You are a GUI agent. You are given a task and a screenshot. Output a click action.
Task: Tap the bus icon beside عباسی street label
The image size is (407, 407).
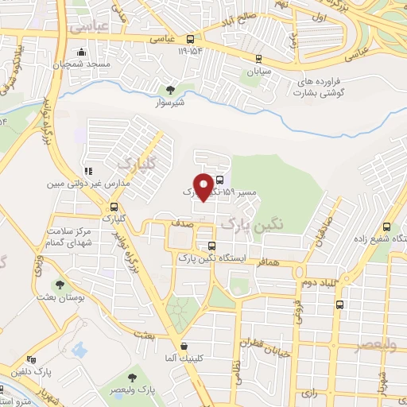191,39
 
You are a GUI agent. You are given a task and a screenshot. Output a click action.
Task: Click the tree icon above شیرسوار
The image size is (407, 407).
169,89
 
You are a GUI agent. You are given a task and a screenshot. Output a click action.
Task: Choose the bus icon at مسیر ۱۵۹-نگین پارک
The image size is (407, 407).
219,180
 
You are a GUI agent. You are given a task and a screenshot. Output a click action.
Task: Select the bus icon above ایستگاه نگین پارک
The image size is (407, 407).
211,246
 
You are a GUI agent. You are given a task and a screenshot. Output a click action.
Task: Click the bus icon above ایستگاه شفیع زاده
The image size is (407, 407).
386,225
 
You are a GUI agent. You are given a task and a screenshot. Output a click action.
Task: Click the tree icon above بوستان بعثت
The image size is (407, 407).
60,283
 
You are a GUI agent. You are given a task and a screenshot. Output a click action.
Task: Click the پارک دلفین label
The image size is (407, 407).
32,371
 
